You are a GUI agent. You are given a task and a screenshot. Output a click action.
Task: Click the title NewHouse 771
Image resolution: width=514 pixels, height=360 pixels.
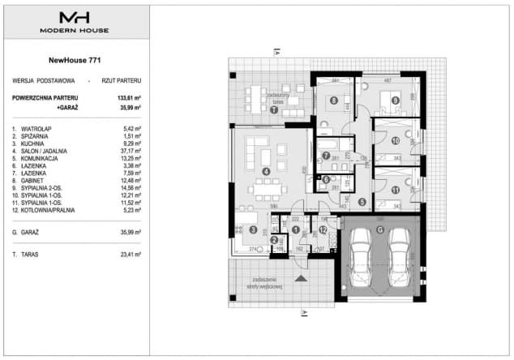point(74,59)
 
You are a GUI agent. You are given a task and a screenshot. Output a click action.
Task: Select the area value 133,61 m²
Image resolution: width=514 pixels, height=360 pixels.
point(129,97)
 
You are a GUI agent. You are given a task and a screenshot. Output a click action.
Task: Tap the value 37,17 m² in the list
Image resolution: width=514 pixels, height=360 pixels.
point(130,150)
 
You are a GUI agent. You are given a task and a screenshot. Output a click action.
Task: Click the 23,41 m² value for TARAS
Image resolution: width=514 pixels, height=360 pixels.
point(130,254)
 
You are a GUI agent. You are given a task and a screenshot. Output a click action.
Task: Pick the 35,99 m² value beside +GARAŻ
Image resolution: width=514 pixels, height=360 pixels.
point(130,106)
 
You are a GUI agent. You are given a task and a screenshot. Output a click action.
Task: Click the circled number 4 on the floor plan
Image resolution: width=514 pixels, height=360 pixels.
point(265,171)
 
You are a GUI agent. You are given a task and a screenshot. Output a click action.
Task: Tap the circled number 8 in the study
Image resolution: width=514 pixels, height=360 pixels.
point(333,101)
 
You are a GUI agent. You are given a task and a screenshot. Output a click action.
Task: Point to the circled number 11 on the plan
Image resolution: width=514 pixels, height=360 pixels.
point(395,191)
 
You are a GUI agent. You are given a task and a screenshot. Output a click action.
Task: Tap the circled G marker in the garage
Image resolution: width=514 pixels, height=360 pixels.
point(379,227)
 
